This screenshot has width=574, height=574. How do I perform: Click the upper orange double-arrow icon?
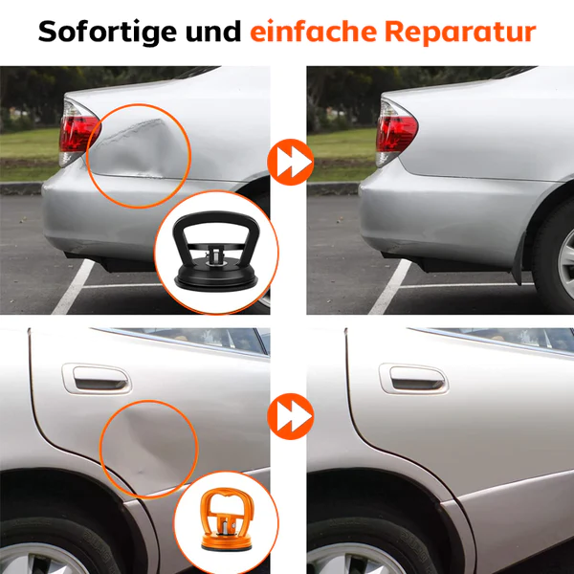pyautogui.click(x=288, y=164)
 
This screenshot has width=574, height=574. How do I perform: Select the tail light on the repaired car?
pyautogui.click(x=395, y=131)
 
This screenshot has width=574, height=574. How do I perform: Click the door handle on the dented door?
pyautogui.click(x=96, y=379)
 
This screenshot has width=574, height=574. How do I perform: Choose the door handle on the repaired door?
pyautogui.click(x=412, y=379)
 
